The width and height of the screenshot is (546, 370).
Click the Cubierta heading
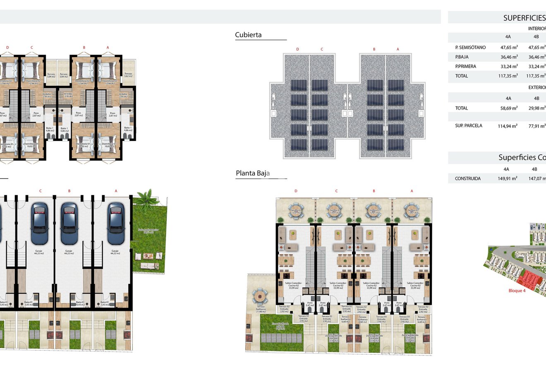click(x=248, y=35)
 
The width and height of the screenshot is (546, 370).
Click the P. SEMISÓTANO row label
click(x=470, y=48)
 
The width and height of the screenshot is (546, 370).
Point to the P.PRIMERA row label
click(x=465, y=66)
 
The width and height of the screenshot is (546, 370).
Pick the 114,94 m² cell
click(x=508, y=126)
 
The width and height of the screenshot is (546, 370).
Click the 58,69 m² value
click(x=508, y=108)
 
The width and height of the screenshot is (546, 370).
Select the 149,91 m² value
click(x=508, y=179)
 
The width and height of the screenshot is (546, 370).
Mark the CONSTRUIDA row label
click(x=467, y=179)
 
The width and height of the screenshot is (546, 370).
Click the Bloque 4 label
click(x=517, y=291)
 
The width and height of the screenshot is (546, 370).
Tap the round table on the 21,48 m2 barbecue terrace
click(x=260, y=295)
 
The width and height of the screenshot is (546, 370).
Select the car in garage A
click(x=116, y=223)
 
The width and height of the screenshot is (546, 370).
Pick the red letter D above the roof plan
click(x=297, y=49)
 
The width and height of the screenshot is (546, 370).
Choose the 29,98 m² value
click(x=536, y=108)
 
